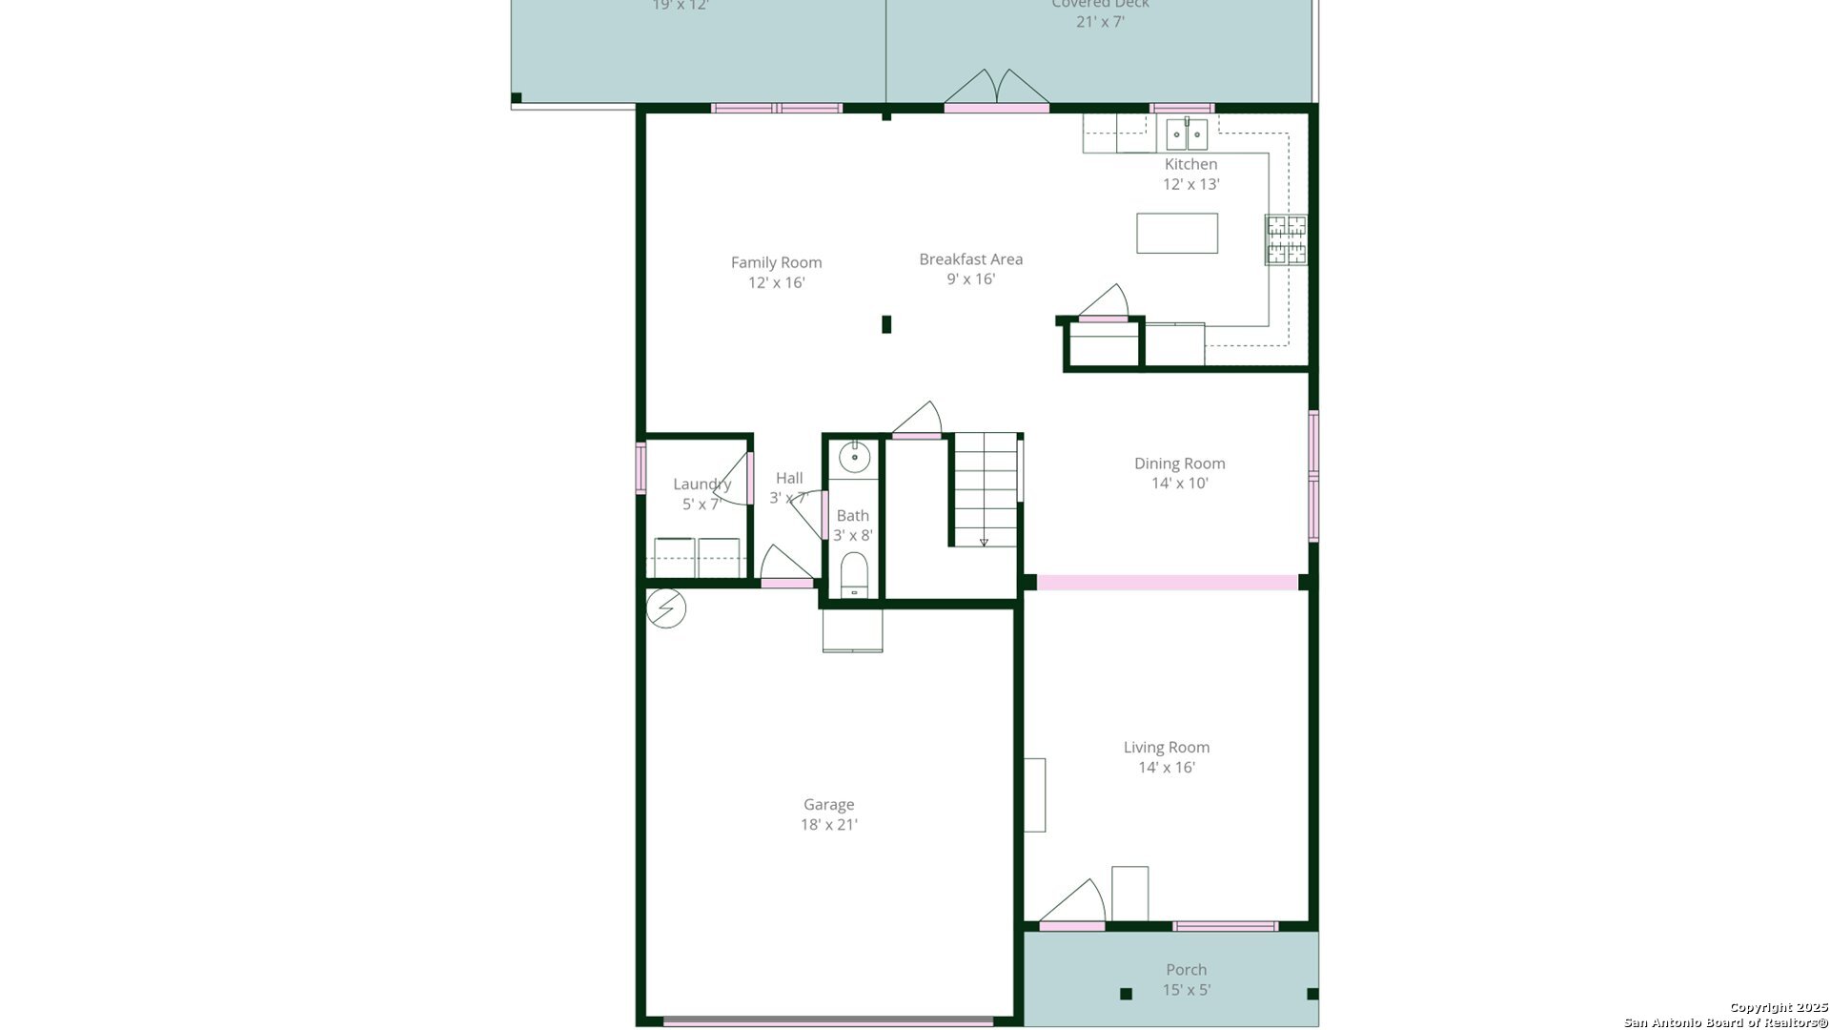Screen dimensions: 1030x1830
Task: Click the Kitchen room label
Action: (1190, 165)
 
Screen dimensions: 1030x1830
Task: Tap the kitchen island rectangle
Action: (1176, 234)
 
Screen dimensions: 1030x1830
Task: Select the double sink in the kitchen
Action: (1187, 134)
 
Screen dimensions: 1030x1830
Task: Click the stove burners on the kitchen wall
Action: (1286, 239)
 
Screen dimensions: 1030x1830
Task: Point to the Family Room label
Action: (776, 262)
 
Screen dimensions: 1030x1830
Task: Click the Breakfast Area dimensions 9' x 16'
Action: (970, 279)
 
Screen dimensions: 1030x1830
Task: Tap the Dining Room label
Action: (1179, 463)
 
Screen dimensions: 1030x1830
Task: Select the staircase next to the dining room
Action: (985, 489)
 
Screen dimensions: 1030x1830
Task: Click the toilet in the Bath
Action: (854, 574)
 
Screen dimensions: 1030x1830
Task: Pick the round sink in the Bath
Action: (854, 458)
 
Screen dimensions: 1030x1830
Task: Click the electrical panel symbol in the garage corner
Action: (666, 608)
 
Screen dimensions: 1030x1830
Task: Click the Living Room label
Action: (1166, 748)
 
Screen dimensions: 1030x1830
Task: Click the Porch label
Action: (1186, 970)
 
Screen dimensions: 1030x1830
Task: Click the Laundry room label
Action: (701, 484)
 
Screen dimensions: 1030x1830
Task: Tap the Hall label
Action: (789, 479)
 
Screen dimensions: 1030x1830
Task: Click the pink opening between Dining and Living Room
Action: (1167, 582)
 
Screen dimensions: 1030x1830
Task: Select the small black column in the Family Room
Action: (886, 324)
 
